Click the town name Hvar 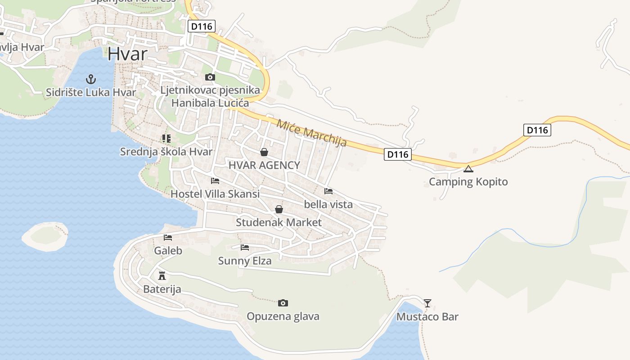coord(127,54)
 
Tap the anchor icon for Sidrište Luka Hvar coord(91,80)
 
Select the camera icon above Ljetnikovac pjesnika coord(210,77)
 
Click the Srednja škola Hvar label coord(166,152)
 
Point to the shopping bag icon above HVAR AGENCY coord(264,152)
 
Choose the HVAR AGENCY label coord(264,165)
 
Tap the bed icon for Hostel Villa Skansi coord(215,181)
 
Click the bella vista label coord(328,204)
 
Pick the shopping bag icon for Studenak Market coord(279,209)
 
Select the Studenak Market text coord(279,222)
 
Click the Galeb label coord(168,251)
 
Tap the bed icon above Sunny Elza coord(245,247)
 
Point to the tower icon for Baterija coord(162,275)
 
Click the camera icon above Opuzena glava coord(283,303)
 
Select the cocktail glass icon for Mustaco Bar coord(427,303)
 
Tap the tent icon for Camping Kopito coord(468,169)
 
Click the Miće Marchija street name coord(311,133)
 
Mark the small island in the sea coord(45,236)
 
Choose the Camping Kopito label coord(468,182)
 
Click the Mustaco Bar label coord(427,317)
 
